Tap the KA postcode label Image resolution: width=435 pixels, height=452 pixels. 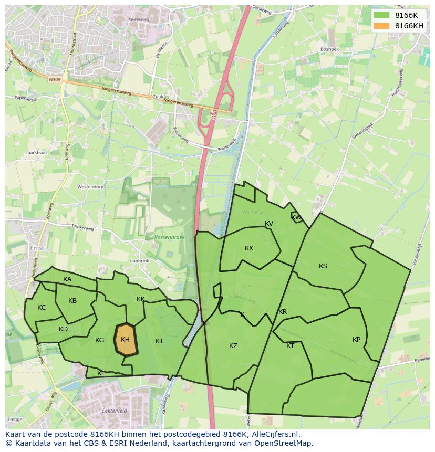click(67, 279)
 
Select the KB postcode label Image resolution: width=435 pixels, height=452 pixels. click(72, 301)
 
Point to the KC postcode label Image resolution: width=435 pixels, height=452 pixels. click(42, 308)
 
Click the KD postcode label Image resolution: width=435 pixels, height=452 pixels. click(63, 329)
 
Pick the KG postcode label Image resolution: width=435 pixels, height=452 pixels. click(99, 340)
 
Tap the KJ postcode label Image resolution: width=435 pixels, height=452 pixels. click(159, 341)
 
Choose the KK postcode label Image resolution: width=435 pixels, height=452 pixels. click(141, 299)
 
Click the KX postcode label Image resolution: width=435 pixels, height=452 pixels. click(249, 248)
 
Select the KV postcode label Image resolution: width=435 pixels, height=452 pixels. click(269, 224)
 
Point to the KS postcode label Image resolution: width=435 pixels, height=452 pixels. click(323, 266)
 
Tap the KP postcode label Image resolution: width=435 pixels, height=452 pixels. click(357, 340)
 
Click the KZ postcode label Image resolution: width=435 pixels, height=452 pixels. click(233, 346)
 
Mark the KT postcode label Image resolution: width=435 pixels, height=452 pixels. click(291, 346)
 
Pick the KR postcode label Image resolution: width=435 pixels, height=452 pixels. click(283, 312)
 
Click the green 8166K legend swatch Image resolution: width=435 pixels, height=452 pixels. click(382, 15)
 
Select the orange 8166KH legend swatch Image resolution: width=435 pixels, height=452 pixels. click(382, 26)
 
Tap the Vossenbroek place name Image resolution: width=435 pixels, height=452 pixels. click(170, 237)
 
